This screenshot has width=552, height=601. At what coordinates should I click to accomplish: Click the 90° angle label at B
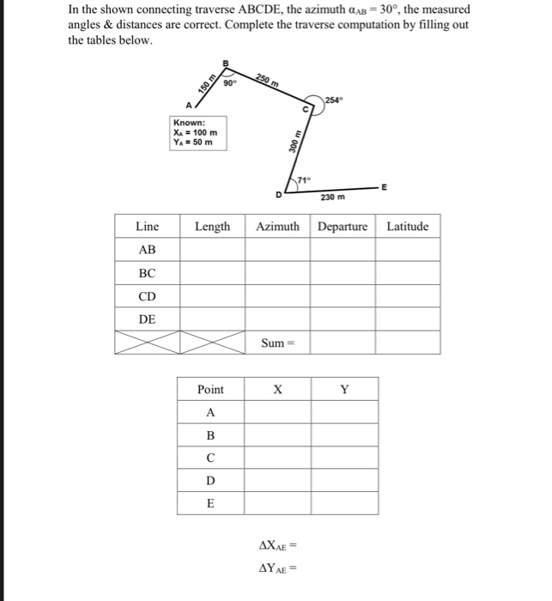229,83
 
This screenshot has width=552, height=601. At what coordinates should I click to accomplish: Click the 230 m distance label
332,197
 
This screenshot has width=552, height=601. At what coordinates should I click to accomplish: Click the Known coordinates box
197,133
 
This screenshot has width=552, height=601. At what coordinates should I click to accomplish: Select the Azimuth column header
277,227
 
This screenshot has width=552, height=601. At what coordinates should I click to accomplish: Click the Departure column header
343,227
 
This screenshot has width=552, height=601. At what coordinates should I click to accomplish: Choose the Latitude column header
407,227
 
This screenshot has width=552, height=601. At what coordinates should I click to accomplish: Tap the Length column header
212,227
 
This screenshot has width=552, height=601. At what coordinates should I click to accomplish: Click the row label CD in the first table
147,296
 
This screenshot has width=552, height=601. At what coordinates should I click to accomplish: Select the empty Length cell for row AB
212,250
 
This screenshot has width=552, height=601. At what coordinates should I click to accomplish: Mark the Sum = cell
277,343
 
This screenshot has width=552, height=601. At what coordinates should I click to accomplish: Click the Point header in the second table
210,390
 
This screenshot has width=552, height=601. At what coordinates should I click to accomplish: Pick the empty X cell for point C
276,458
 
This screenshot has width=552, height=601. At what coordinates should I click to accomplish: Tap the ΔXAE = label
276,545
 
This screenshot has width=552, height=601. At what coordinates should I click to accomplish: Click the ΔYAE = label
276,568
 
